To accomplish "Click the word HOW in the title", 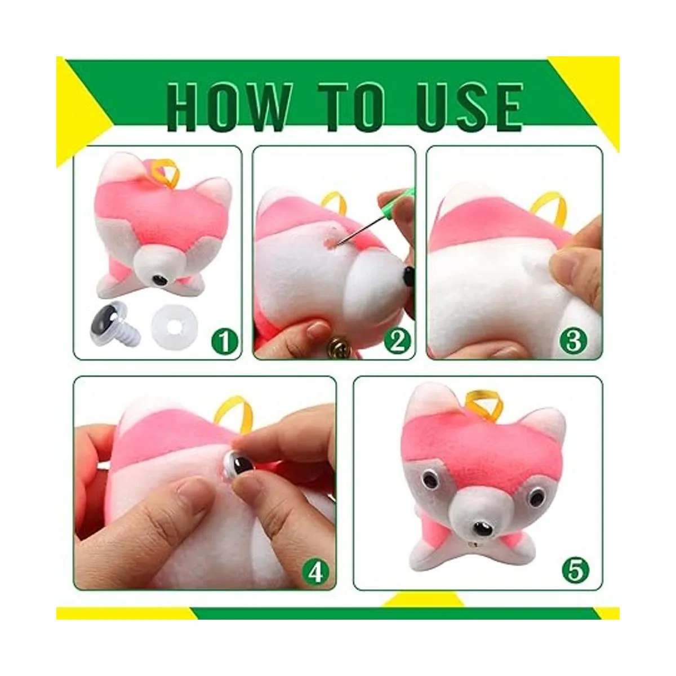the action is (229, 108).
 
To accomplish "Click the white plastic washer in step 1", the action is (170, 323).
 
